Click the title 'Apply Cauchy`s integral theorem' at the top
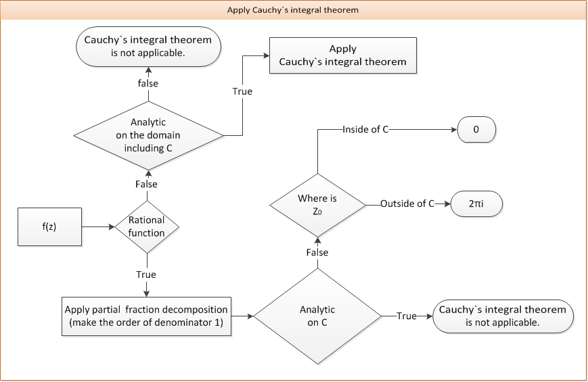293,10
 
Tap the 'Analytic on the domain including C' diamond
148,135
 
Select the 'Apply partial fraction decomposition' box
146,316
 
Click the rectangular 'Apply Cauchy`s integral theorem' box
343,55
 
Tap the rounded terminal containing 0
476,128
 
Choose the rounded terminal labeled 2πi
477,204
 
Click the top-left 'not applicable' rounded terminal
148,46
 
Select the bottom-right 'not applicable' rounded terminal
503,316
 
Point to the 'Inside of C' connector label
365,128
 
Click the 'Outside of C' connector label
407,204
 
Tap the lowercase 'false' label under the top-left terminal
148,83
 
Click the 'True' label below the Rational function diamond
146,274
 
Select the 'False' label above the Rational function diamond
147,184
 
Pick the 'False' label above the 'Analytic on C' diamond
317,252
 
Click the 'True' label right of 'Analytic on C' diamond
407,316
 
